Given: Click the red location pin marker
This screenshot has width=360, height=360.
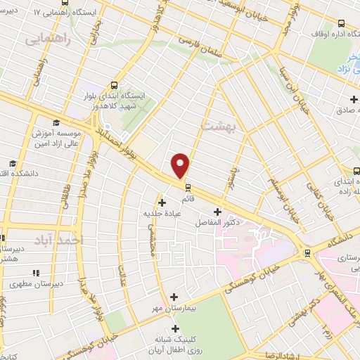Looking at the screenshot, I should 181,165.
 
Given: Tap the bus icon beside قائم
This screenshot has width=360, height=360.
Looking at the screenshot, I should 187,187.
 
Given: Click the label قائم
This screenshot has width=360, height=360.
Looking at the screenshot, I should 188,198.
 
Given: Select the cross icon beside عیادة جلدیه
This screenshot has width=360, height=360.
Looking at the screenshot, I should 162,202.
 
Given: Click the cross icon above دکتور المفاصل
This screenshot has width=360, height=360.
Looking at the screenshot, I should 217,212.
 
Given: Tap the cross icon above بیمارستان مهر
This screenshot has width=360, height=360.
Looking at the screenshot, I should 174,297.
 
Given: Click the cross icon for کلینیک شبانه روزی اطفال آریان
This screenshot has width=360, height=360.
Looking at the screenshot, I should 174,328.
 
